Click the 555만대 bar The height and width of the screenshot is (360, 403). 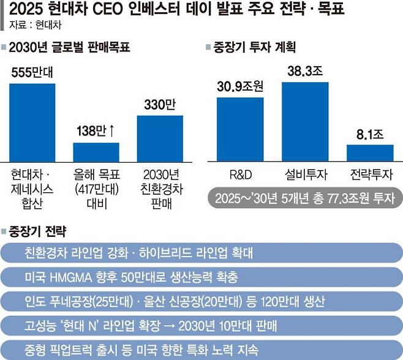coord(32,121)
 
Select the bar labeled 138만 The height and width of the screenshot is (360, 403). coord(96,151)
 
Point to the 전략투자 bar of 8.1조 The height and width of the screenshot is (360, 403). coord(369,152)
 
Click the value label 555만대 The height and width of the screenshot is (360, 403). coord(32,72)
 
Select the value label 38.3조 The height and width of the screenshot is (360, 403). coord(305,71)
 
